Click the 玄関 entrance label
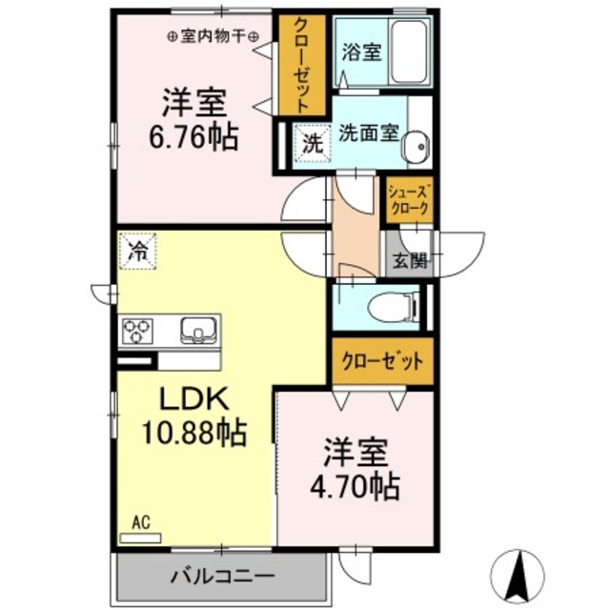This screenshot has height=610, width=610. click(410, 261)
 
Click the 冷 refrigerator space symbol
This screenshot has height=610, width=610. click(137, 253)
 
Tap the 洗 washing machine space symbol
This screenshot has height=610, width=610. click(312, 145)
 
